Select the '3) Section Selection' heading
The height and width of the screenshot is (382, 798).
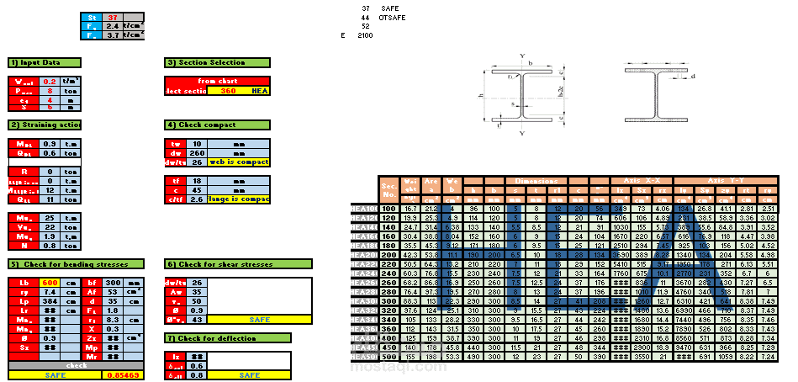218,63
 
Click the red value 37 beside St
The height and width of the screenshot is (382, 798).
113,17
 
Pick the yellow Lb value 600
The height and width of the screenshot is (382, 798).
49,282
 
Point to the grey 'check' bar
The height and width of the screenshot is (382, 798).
76,366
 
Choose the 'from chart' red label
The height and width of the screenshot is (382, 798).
218,81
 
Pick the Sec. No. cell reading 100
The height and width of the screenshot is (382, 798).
388,208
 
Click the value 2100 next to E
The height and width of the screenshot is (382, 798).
365,36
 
